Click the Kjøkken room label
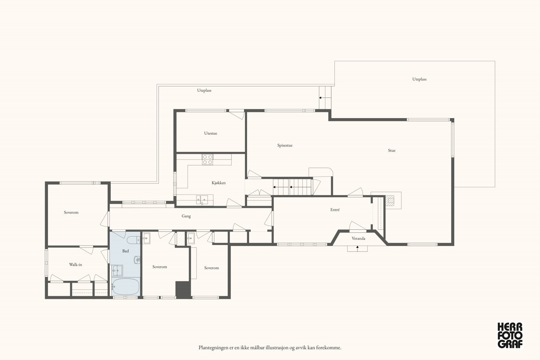(x=219, y=183)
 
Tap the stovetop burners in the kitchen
(x=208, y=160)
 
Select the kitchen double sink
(x=202, y=200)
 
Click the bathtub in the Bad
(x=126, y=287)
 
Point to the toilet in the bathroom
(x=133, y=240)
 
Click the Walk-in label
(x=76, y=265)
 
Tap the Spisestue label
(x=285, y=145)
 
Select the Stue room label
(x=392, y=150)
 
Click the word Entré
(x=335, y=210)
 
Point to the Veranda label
(x=358, y=238)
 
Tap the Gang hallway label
(x=186, y=216)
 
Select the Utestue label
(x=211, y=133)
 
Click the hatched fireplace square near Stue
(x=389, y=200)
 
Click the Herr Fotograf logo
(x=510, y=335)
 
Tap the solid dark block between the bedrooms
(x=183, y=290)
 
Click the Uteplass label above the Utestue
(x=204, y=90)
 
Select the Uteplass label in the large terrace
(x=419, y=79)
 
